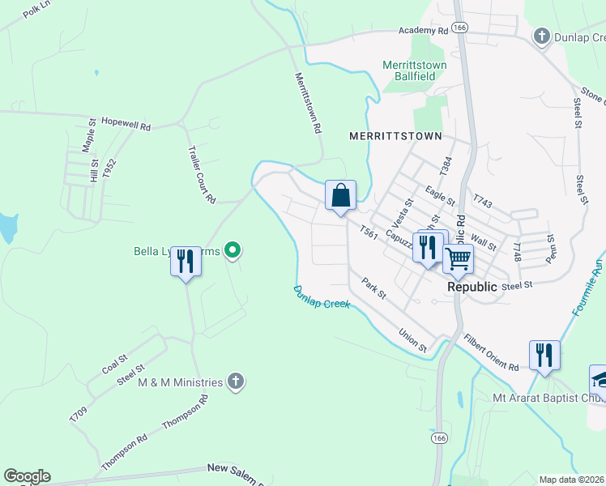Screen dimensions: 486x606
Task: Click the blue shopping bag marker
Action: click(341, 196)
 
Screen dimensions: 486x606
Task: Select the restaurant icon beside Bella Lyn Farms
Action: click(186, 262)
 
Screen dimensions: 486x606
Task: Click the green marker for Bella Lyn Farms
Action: click(233, 250)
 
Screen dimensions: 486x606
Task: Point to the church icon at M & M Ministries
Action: click(235, 382)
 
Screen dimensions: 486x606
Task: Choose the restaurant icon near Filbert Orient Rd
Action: click(544, 356)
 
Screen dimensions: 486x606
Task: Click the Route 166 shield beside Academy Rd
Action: click(460, 27)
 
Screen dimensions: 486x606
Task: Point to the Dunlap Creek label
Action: click(322, 296)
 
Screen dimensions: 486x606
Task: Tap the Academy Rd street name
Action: click(423, 30)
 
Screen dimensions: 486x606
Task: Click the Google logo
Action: click(27, 475)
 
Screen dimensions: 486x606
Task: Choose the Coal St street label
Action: click(114, 364)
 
